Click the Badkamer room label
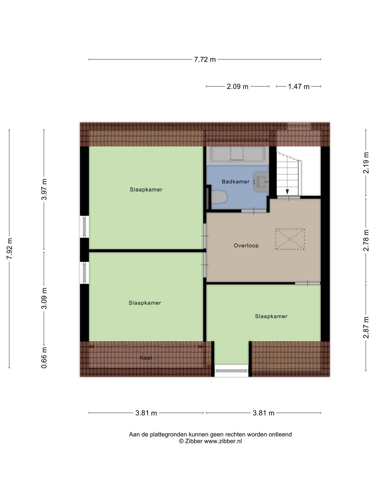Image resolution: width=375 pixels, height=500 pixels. [235, 182]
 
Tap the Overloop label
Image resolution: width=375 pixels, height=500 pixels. [246, 245]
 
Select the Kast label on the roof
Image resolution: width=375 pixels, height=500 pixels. [146, 358]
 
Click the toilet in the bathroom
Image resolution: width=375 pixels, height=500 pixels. [219, 197]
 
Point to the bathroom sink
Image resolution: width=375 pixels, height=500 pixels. [261, 182]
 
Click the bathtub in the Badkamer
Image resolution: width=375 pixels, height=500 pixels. [237, 154]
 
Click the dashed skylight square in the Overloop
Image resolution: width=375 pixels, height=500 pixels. [290, 239]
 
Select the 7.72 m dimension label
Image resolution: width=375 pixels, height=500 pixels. [205, 59]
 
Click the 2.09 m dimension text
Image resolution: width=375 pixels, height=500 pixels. [237, 86]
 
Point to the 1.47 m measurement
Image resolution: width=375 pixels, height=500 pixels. [299, 86]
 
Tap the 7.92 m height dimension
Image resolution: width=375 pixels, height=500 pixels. [9, 249]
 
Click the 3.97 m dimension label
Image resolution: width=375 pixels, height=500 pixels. [44, 189]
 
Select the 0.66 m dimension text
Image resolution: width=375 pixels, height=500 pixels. [44, 358]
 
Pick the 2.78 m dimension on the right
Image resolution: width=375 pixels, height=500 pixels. [366, 240]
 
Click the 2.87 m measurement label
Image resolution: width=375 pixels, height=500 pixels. [366, 327]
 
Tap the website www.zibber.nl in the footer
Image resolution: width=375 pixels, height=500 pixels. [223, 441]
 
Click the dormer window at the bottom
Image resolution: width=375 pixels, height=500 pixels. [232, 370]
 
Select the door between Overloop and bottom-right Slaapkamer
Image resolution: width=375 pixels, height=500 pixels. [308, 283]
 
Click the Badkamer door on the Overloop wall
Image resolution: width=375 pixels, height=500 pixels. [254, 211]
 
